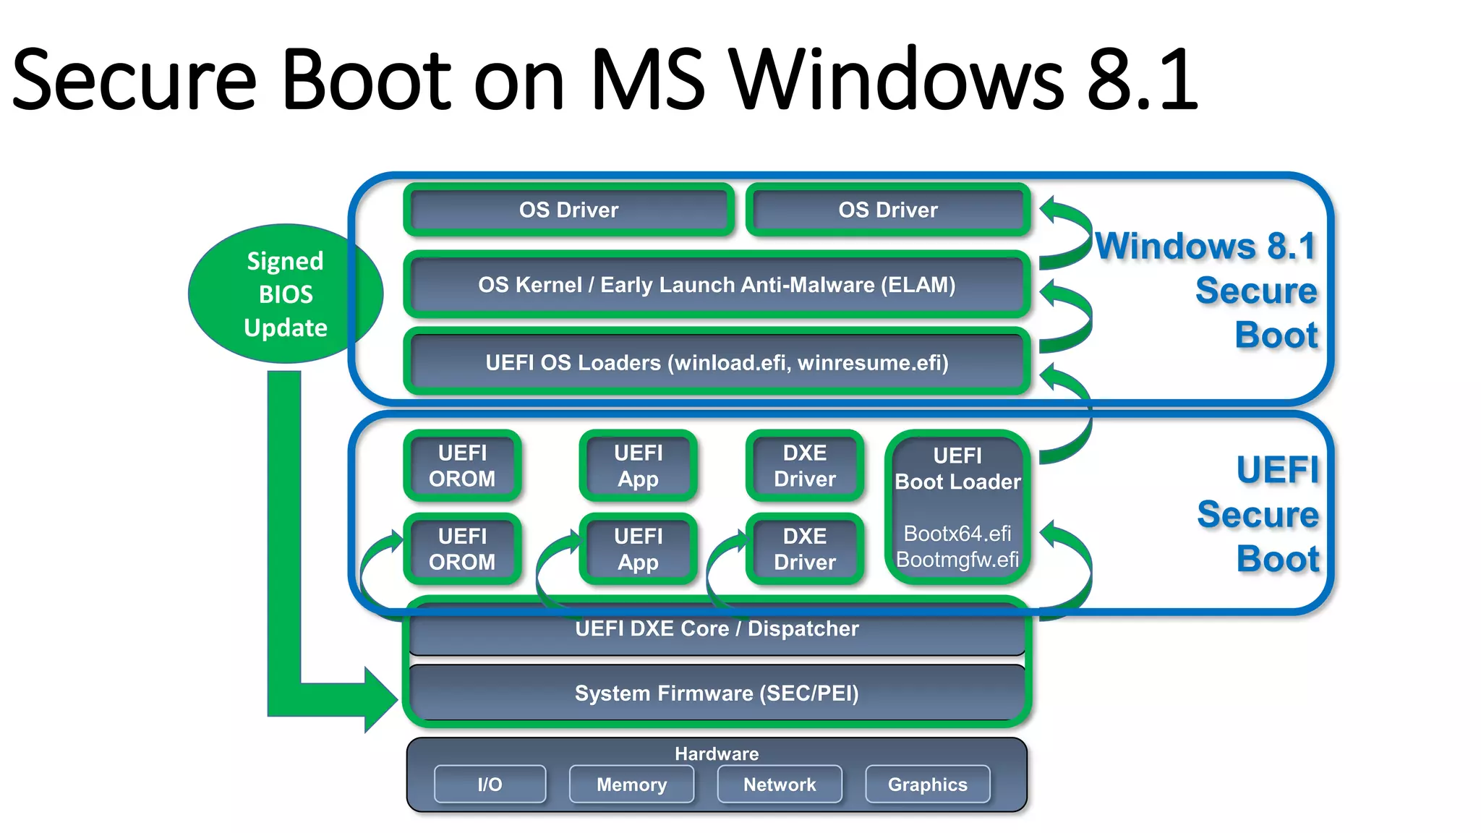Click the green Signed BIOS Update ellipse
point(285,294)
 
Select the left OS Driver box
point(568,210)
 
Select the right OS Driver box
point(888,210)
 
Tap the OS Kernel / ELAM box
point(716,285)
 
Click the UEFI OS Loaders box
point(716,362)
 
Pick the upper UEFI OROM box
point(462,466)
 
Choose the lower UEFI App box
point(638,549)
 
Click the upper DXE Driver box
point(804,466)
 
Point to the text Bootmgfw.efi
point(957,560)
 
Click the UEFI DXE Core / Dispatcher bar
point(716,629)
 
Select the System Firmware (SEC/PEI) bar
point(716,693)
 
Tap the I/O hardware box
point(490,785)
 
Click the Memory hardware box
point(631,785)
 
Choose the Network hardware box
point(780,785)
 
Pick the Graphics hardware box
point(927,785)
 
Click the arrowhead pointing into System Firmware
point(382,699)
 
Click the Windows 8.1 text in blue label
point(1205,246)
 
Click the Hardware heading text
point(716,753)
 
